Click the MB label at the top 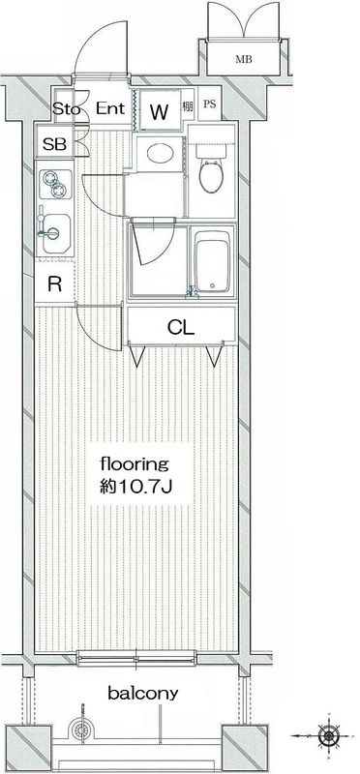[x=244, y=60]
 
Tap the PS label [x=210, y=104]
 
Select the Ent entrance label [x=110, y=108]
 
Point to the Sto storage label [x=66, y=108]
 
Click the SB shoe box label [x=54, y=144]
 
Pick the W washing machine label [x=160, y=112]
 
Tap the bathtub [x=212, y=261]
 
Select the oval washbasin [x=160, y=154]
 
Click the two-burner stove [x=55, y=184]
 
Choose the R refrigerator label [x=55, y=283]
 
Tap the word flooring [x=135, y=465]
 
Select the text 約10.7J [x=135, y=488]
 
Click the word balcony [x=142, y=693]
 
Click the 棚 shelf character [x=187, y=105]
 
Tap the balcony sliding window [x=136, y=658]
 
